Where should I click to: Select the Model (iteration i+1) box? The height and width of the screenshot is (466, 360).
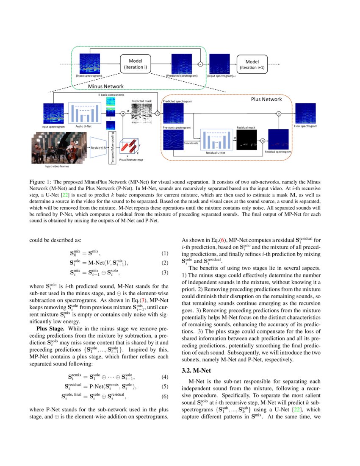coord(252,64)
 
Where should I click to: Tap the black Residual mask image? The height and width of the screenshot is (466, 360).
coord(248,140)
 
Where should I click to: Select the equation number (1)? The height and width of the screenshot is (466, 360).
coord(165,254)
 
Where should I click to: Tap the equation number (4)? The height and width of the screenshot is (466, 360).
coord(165,377)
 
